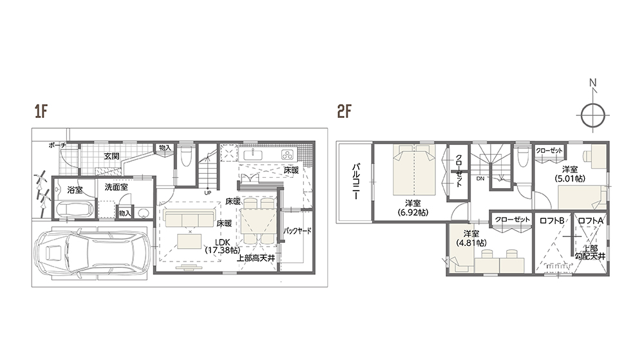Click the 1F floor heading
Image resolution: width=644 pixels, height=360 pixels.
[x=41, y=111]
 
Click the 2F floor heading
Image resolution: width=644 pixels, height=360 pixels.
[x=344, y=111]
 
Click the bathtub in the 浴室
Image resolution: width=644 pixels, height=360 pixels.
[x=74, y=209]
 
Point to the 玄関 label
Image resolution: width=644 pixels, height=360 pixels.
[x=111, y=156]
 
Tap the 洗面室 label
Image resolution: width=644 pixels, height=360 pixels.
[x=116, y=187]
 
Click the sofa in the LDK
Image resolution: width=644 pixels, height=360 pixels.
[x=189, y=218]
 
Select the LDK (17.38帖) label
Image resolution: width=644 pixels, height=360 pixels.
[x=222, y=245]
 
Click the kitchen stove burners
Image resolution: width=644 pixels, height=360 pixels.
[x=287, y=155]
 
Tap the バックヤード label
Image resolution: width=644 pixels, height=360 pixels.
[x=298, y=231]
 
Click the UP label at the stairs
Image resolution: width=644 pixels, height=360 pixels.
[x=208, y=193]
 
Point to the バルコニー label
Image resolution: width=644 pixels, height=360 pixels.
[x=355, y=182]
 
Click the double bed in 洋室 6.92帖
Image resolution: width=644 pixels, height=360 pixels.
[x=414, y=170]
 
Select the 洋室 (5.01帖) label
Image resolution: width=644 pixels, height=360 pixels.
[x=570, y=174]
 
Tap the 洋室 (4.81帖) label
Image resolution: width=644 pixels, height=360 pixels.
[x=471, y=238]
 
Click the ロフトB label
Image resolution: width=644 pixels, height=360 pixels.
[x=552, y=220]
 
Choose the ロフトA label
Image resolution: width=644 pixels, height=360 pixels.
[x=591, y=220]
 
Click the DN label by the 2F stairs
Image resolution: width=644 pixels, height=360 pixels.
[x=480, y=178]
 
